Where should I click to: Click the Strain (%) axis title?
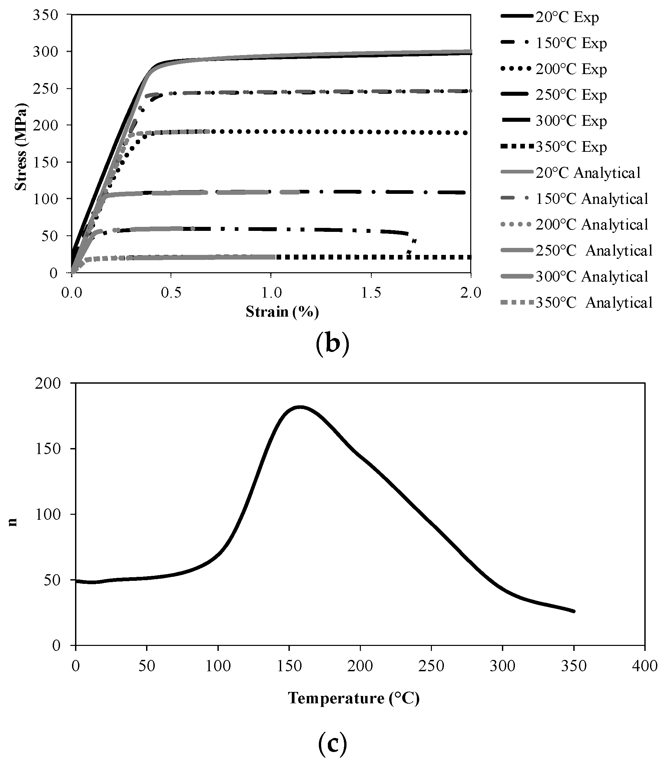click(x=282, y=311)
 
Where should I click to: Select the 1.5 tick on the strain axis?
click(x=372, y=293)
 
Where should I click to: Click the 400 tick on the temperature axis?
click(x=645, y=666)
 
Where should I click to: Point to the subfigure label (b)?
click(x=332, y=344)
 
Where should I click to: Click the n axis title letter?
click(x=13, y=522)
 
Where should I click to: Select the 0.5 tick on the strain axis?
click(x=171, y=293)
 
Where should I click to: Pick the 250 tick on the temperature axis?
click(x=431, y=666)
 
